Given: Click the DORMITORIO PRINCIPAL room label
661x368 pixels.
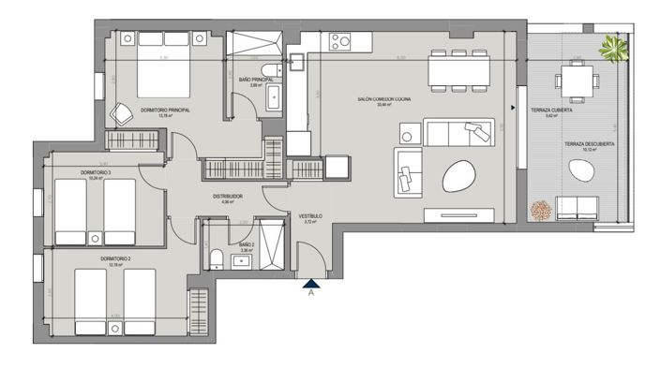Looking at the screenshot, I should click(x=166, y=110).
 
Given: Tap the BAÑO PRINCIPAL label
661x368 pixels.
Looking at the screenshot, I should click(x=255, y=81).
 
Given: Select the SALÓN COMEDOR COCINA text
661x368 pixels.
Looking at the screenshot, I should click(x=384, y=98).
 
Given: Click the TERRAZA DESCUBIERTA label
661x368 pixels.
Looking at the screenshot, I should click(x=589, y=144).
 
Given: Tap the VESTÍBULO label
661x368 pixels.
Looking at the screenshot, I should click(x=311, y=217).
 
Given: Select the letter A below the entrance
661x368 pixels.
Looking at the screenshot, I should click(x=310, y=291).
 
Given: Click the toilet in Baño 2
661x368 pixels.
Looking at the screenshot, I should click(x=216, y=258).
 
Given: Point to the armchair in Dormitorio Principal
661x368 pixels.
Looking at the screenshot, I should click(x=121, y=114).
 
